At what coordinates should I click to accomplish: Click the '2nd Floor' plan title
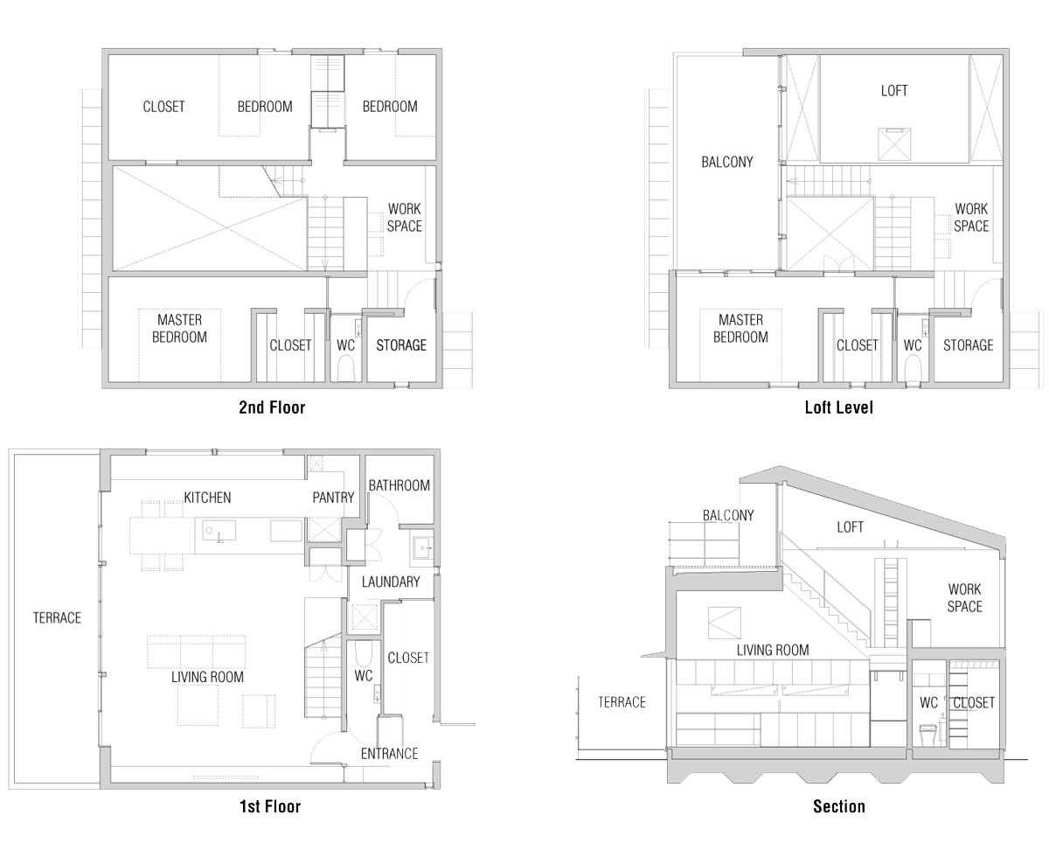click(272, 408)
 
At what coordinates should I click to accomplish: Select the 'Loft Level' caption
click(838, 408)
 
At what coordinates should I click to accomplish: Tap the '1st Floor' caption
click(270, 806)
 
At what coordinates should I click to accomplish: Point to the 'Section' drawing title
click(839, 806)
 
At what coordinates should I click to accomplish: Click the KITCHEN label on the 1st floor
click(207, 498)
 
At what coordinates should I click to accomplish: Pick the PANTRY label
click(333, 498)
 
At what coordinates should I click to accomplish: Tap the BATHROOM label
click(399, 485)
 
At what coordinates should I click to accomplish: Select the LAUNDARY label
click(391, 582)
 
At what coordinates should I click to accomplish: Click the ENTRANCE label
click(390, 753)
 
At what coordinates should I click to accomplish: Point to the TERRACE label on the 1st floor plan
click(57, 617)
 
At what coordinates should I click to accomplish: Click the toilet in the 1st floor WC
click(363, 653)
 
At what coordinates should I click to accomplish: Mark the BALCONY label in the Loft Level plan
click(726, 162)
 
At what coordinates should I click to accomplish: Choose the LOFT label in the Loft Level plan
click(894, 91)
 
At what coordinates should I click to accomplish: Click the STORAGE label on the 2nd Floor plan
click(401, 345)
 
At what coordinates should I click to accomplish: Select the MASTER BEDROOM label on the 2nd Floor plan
click(179, 328)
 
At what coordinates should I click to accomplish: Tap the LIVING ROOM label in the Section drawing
click(773, 650)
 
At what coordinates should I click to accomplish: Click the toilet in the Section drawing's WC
click(927, 735)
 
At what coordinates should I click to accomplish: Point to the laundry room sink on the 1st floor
click(422, 548)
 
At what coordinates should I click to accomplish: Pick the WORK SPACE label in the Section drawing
click(965, 598)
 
